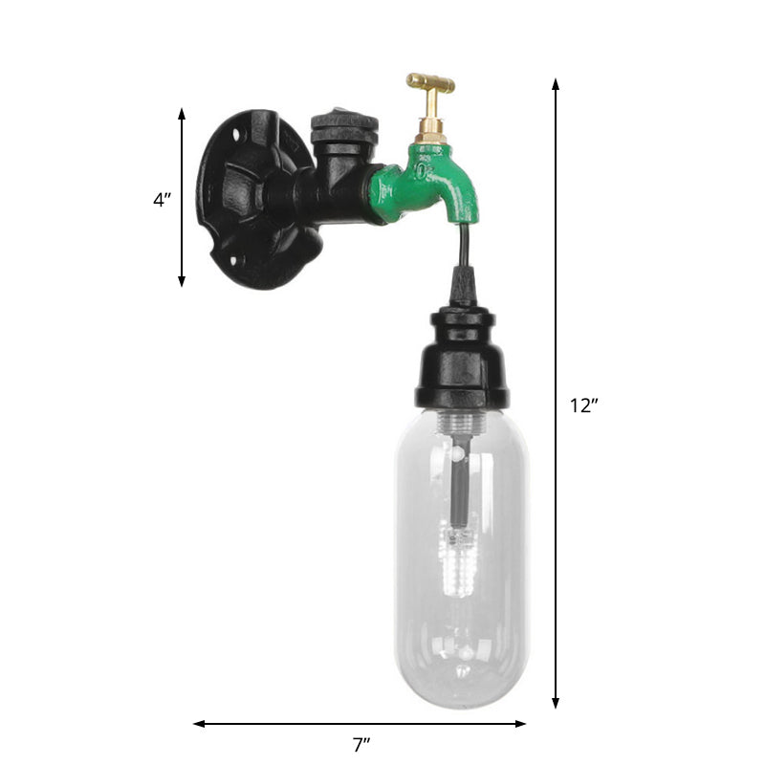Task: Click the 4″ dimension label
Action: pos(162,201)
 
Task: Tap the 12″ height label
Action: pos(584,405)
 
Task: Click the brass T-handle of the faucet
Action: pos(430,84)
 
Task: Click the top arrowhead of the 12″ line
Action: pos(556,84)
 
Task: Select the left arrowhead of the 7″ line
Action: pos(199,724)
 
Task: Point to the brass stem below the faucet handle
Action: pos(430,122)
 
